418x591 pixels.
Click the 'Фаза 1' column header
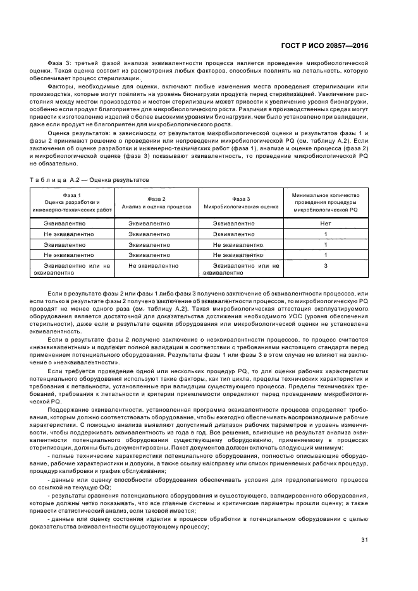tap(72, 195)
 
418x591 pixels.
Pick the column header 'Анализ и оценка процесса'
tap(156, 206)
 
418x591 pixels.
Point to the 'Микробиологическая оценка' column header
tap(241, 206)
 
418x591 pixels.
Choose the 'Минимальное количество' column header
tap(326, 196)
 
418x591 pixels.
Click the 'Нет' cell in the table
tap(326, 224)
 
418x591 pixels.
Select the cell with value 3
tap(326, 266)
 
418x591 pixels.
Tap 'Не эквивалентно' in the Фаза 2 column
tap(154, 266)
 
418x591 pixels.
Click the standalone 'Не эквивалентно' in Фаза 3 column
tap(238, 244)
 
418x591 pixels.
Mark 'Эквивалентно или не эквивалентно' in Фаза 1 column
tap(72, 270)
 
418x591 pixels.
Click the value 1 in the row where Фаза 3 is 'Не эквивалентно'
tap(326, 244)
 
